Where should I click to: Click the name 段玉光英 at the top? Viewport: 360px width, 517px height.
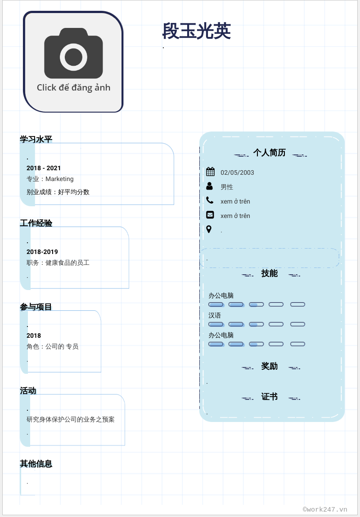click(x=197, y=31)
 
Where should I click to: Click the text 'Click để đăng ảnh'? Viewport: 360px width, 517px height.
click(x=73, y=87)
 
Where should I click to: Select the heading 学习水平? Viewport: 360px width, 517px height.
click(x=36, y=139)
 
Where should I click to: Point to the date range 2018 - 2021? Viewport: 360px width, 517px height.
click(x=44, y=168)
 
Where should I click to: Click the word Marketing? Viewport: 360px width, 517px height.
click(x=59, y=179)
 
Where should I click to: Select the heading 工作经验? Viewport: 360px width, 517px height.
click(x=36, y=223)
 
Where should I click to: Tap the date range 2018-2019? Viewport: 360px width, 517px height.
click(x=42, y=252)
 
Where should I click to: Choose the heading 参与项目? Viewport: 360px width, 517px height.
click(x=36, y=307)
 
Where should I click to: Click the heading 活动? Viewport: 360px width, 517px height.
click(x=28, y=390)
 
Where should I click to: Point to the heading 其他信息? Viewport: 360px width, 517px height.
click(x=36, y=463)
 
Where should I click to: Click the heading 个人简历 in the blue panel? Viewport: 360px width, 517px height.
click(x=269, y=153)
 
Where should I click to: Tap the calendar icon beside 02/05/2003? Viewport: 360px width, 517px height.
click(x=210, y=172)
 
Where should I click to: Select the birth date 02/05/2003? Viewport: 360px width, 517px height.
click(x=237, y=172)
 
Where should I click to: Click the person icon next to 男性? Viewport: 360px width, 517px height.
click(x=210, y=186)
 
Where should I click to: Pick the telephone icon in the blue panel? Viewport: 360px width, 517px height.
click(x=210, y=200)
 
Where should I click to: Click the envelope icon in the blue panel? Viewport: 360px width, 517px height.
click(x=210, y=215)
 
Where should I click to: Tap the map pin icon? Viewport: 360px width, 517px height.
click(x=209, y=229)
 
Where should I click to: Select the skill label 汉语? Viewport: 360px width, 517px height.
click(x=215, y=315)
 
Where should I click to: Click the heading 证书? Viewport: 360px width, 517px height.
click(x=269, y=397)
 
